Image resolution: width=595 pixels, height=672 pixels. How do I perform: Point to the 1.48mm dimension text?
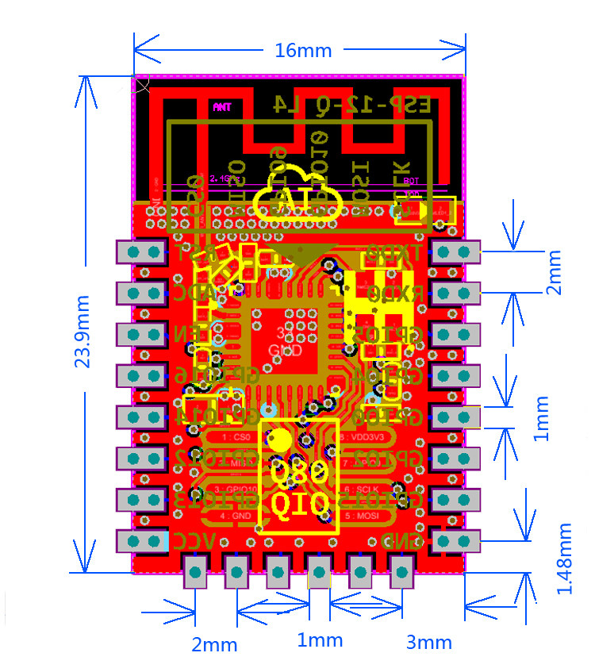tap(565, 559)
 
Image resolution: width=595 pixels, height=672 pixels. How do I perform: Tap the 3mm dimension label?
tap(428, 642)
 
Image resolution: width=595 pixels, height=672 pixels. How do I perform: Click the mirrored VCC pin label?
tap(194, 541)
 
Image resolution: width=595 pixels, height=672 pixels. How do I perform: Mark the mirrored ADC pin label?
tap(194, 293)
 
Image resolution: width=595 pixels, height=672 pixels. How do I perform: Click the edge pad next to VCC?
tap(142, 542)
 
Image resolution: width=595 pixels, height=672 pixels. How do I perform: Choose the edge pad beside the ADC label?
tap(142, 294)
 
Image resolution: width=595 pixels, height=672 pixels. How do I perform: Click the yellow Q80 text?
tap(298, 474)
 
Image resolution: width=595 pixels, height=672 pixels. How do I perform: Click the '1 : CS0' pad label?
tap(236, 436)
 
